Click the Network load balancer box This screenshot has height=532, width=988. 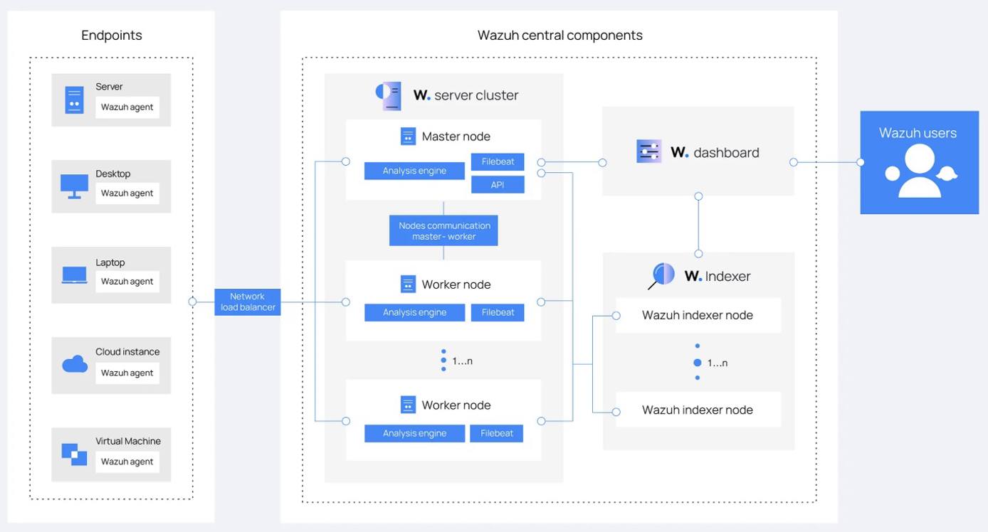coord(247,302)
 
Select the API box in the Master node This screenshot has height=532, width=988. coord(498,184)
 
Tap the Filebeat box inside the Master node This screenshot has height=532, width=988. coord(498,161)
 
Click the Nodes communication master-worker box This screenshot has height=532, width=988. coord(443,231)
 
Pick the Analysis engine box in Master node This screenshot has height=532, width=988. coord(414,171)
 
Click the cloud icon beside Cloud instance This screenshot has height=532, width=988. coord(75,364)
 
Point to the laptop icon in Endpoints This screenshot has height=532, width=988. coord(75,275)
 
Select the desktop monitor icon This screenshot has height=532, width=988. coord(75,186)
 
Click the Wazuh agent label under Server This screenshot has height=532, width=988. coord(127,107)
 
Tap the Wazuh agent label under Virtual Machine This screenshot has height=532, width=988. coord(127,462)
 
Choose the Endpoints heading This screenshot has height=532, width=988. coord(112,35)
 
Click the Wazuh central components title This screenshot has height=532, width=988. coord(559,35)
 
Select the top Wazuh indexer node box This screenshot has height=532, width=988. coord(698,315)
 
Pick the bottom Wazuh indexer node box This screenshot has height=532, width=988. coord(698,410)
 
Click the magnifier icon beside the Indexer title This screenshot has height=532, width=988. coord(662,275)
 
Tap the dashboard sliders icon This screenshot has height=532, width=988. coord(648,151)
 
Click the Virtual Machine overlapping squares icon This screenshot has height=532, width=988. coord(74,454)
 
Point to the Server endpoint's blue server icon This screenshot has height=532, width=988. coord(74,100)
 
